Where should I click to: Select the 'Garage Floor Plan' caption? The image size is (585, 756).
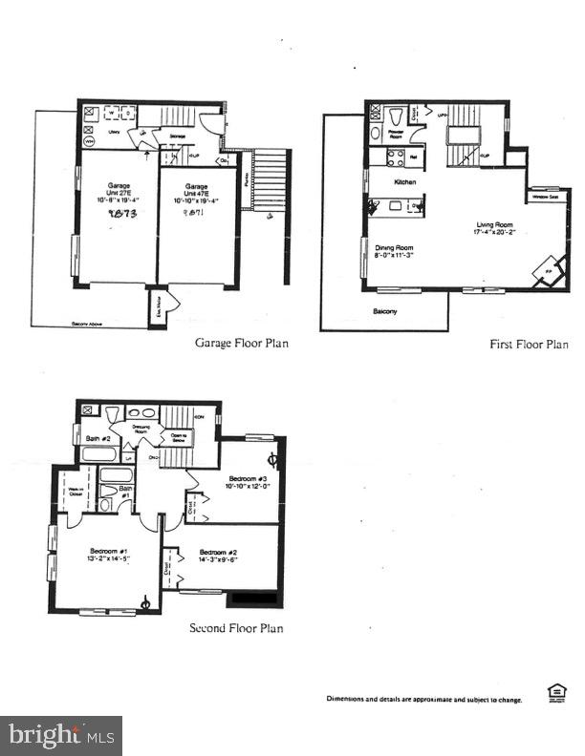242,344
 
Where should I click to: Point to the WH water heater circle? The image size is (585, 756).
89,140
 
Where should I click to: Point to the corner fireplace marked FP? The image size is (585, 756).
549,270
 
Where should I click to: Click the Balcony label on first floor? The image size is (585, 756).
386,311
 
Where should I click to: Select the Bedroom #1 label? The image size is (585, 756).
107,553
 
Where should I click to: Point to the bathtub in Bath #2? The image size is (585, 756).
99,454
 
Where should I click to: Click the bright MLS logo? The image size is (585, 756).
61,736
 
